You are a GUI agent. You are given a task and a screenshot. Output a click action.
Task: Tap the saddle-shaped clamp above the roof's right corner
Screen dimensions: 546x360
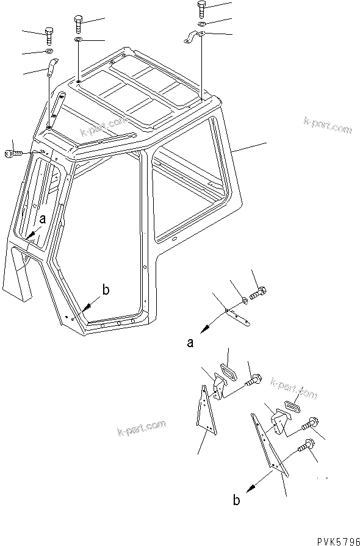(195, 38)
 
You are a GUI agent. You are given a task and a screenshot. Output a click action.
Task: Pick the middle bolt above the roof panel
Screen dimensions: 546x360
(79, 24)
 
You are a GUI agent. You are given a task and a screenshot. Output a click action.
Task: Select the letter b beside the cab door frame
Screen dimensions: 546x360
(106, 290)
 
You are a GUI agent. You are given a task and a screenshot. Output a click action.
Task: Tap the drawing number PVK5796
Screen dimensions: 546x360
(334, 540)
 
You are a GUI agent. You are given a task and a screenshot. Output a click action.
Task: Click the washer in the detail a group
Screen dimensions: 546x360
(245, 300)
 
